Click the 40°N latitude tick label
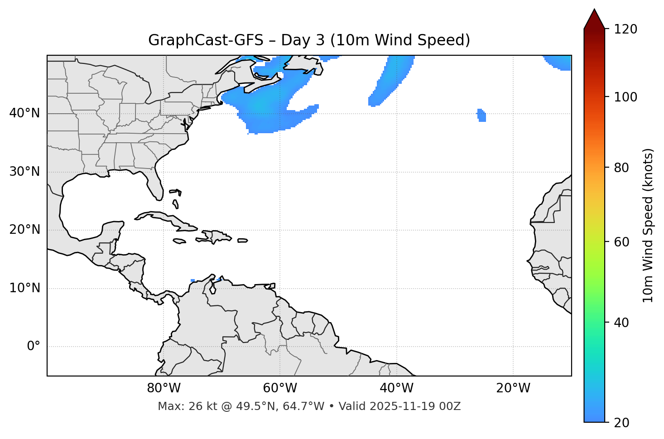point(24,113)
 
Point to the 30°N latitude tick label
point(24,172)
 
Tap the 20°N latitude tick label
point(24,230)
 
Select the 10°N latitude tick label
point(24,288)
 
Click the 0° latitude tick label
point(34,347)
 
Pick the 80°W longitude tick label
point(164,388)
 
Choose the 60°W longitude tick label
point(280,388)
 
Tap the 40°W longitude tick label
point(396,388)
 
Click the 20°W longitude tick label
point(513,388)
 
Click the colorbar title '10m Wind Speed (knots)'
point(648,225)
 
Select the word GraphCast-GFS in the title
point(206,40)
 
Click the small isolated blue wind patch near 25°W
point(481,115)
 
